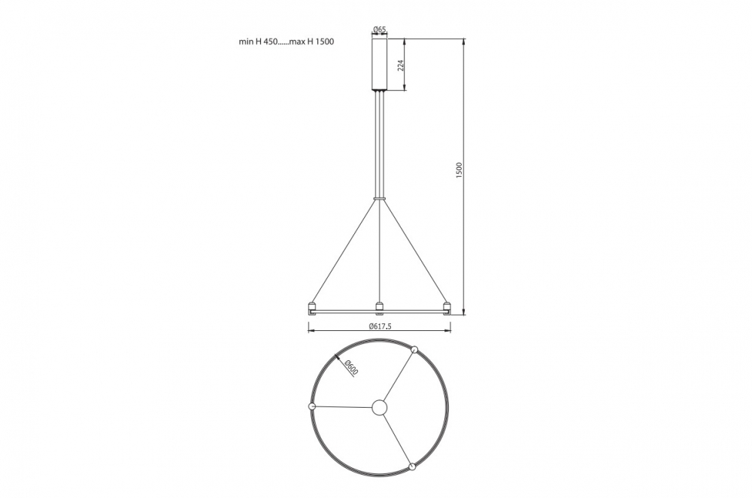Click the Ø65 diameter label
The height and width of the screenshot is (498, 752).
pyautogui.click(x=380, y=30)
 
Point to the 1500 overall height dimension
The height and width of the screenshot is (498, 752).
pyautogui.click(x=459, y=171)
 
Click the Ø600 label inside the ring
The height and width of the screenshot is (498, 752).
pyautogui.click(x=351, y=368)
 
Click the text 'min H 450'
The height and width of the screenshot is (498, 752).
pyautogui.click(x=258, y=41)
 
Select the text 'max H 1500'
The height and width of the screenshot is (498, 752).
pyautogui.click(x=312, y=41)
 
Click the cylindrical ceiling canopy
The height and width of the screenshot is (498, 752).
pyautogui.click(x=380, y=64)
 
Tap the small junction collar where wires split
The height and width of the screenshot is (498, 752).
pyautogui.click(x=379, y=197)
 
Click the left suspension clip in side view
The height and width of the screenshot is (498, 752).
pyautogui.click(x=312, y=306)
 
